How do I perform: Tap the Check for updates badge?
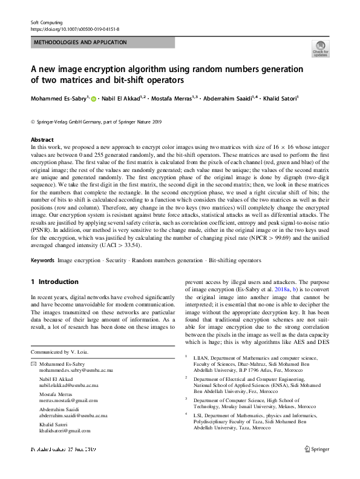(320, 50)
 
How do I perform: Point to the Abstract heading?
(42, 139)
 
